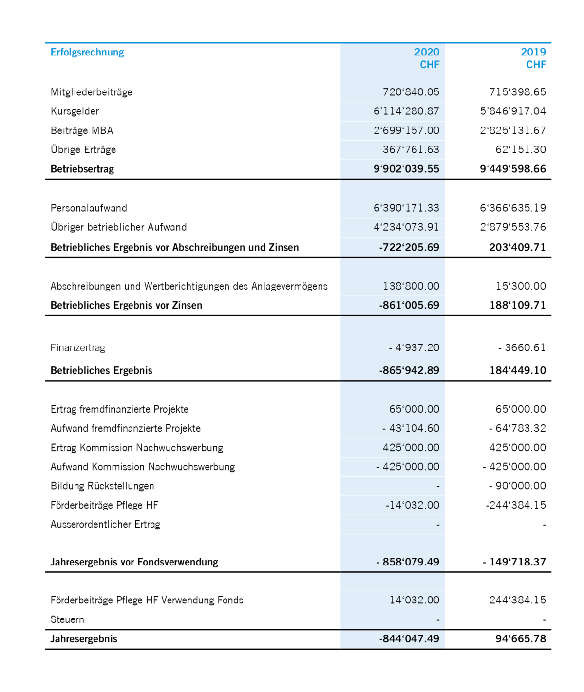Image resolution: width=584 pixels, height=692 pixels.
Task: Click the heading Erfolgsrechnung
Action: click(x=87, y=52)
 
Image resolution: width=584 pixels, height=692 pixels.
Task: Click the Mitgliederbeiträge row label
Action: click(x=91, y=92)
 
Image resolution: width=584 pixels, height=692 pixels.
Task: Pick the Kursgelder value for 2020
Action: click(x=406, y=111)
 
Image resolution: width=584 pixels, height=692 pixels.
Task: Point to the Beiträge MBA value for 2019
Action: click(x=513, y=130)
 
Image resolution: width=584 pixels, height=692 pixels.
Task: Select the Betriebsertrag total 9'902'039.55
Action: click(x=406, y=169)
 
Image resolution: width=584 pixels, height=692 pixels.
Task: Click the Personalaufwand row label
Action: click(x=89, y=208)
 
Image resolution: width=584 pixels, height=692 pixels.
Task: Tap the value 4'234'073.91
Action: click(x=406, y=227)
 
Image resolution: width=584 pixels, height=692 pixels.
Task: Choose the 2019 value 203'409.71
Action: click(x=517, y=247)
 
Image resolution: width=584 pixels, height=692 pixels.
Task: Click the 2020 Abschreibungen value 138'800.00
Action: click(x=411, y=286)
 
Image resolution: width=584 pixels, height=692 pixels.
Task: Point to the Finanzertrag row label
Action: click(x=78, y=347)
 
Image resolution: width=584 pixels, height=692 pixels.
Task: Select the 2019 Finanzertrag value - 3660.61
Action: click(x=522, y=347)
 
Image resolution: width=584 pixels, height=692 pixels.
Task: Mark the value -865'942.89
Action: click(x=409, y=370)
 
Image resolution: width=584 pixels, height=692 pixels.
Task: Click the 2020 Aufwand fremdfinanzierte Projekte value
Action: click(x=411, y=428)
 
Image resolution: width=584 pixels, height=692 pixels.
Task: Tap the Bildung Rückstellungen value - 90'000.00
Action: click(x=517, y=486)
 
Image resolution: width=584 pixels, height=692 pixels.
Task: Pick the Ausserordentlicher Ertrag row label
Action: click(x=105, y=524)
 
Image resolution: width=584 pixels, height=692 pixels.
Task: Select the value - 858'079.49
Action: click(x=408, y=562)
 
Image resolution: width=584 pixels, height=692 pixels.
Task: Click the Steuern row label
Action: click(x=67, y=619)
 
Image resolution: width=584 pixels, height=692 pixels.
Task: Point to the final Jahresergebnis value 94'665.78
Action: click(x=521, y=639)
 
